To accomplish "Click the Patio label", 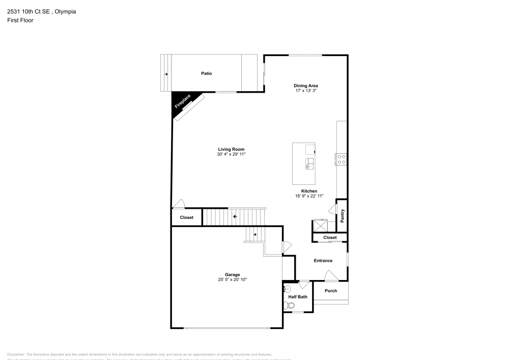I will point(206,74).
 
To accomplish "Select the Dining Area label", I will point(306,86).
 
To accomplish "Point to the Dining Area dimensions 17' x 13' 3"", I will point(306,91).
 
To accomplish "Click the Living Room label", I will point(232,149).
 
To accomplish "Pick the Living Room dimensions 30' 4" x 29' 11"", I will point(232,154).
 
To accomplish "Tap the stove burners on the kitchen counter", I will point(341,159).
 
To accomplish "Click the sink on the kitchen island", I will point(309,163).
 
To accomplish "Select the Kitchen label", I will point(309,191).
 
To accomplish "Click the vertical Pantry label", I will point(343,216).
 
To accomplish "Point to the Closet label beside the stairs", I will point(187,217).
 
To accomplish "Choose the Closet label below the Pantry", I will point(330,237).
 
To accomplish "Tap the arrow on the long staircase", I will point(235,216).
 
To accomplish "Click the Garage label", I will point(233,274).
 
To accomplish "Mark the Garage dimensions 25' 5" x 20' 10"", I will point(233,280).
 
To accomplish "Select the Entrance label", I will point(323,261).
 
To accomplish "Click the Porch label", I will point(331,291).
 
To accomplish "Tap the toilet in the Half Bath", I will point(289,306).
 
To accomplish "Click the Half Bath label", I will point(298,297).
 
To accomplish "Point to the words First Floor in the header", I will point(20,20).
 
